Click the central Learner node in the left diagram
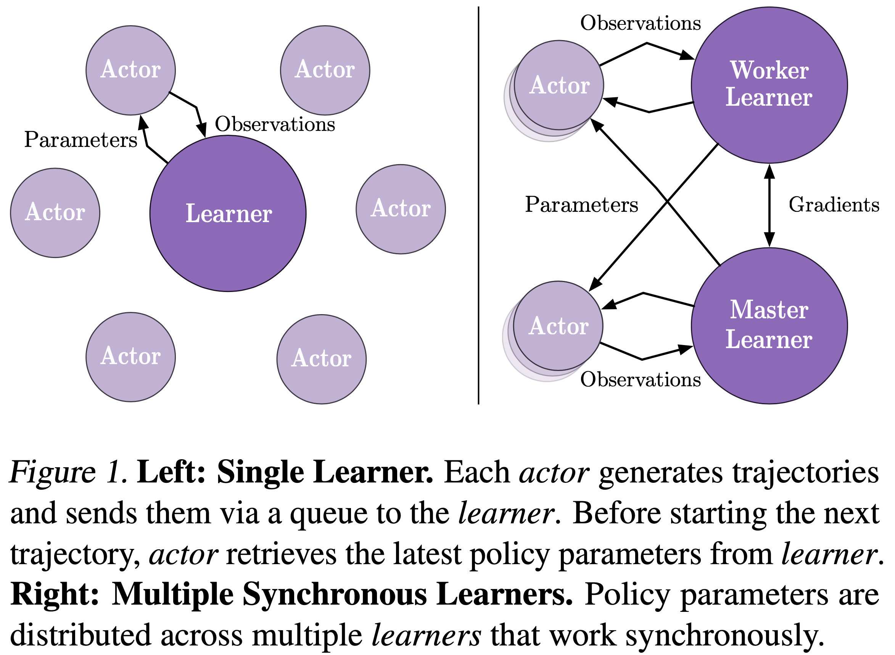[228, 214]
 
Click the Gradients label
[834, 205]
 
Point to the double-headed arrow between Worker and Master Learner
[769, 205]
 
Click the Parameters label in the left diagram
[80, 140]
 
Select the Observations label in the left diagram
[275, 124]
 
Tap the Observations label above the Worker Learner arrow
[640, 23]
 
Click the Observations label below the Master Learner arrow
[640, 380]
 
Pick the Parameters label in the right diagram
[581, 205]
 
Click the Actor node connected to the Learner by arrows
[130, 70]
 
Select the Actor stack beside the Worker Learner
[559, 85]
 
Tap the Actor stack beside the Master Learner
[558, 326]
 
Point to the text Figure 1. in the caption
[68, 473]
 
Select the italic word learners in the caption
[426, 636]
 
